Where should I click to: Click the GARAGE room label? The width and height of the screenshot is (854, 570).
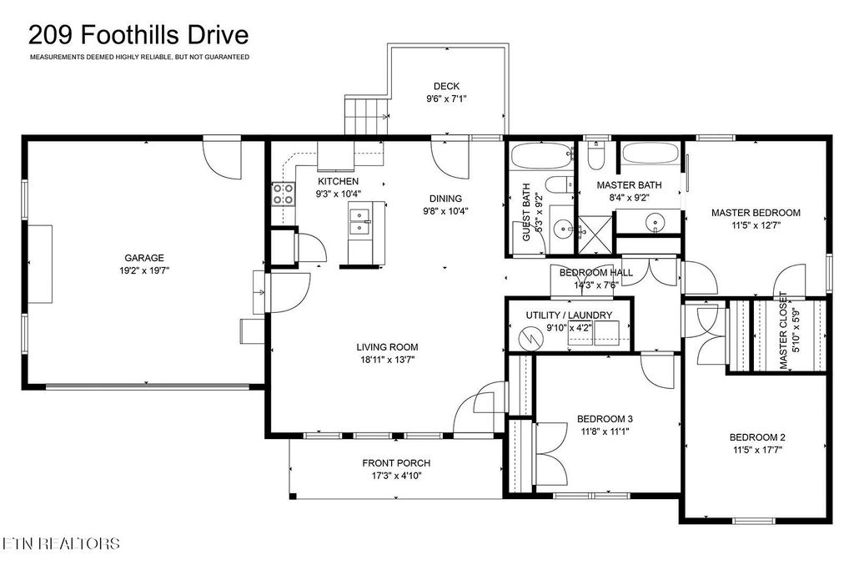(x=143, y=258)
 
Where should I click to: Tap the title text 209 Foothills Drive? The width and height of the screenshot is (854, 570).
(x=138, y=35)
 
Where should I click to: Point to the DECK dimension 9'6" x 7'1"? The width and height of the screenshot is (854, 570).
(x=447, y=99)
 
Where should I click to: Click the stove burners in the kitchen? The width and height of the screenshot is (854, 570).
(x=284, y=194)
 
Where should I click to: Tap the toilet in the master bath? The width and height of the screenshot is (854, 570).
(x=596, y=155)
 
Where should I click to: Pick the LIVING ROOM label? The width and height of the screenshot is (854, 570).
(x=387, y=346)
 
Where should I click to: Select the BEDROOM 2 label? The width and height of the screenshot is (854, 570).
(x=757, y=437)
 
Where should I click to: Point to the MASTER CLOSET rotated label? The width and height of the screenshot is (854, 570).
(x=783, y=330)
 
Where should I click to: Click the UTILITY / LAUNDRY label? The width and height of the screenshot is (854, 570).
(x=569, y=315)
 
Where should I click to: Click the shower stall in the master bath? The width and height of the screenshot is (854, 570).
(x=595, y=235)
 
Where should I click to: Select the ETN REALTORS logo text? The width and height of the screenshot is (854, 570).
(x=60, y=543)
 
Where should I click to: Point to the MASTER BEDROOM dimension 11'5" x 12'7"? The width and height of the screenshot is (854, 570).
(x=756, y=224)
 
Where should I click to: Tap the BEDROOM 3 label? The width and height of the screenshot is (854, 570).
(x=605, y=419)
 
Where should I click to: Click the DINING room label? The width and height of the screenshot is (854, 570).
(x=445, y=199)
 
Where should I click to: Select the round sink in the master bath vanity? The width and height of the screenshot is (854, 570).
(x=654, y=222)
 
